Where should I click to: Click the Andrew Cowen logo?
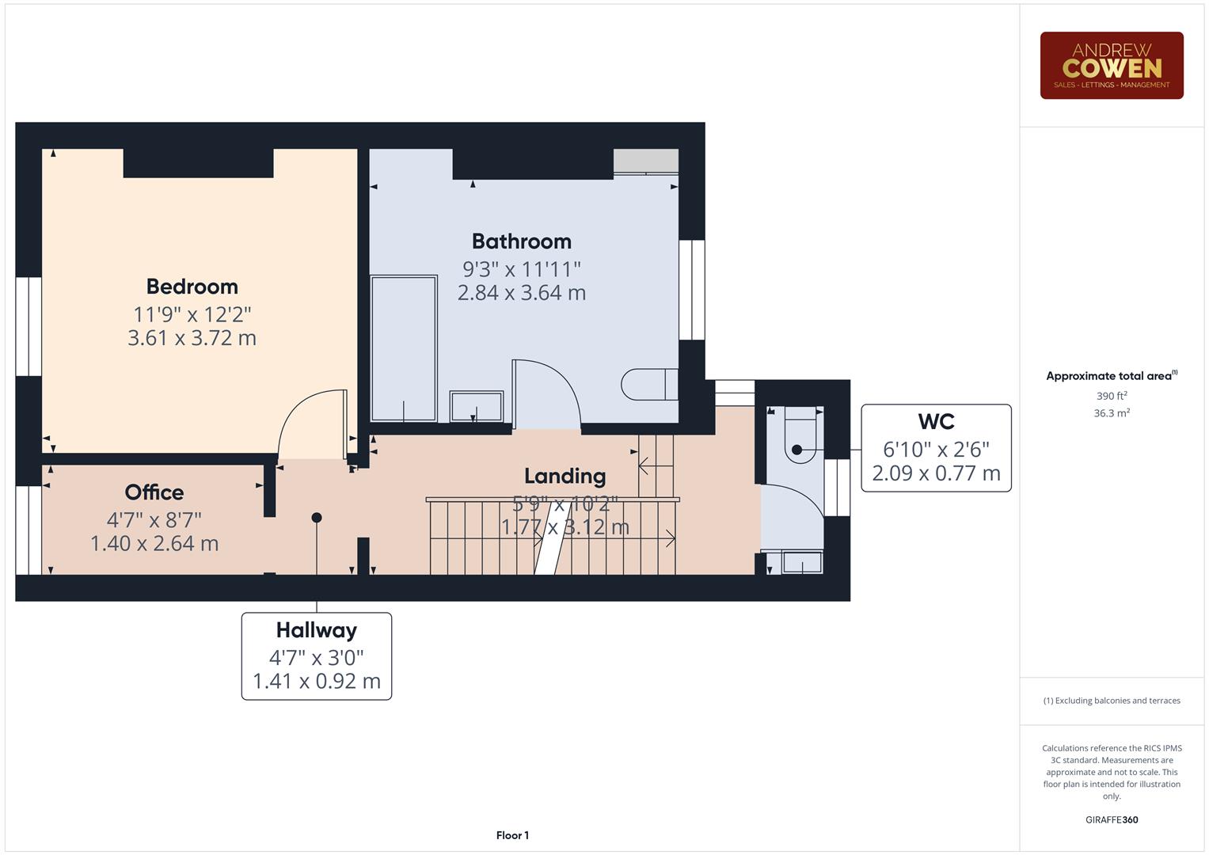coord(1111,66)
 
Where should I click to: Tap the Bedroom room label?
coord(192,287)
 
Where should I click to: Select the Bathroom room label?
coord(521,241)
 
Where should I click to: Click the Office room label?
coord(154,492)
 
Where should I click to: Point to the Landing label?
coord(565,476)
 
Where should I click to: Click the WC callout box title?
coord(936,422)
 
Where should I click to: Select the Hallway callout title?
coord(316,630)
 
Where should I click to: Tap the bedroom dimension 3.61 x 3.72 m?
coord(192,338)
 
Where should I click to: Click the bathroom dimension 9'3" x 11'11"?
coord(521,269)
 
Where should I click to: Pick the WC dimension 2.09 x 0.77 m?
coord(936,473)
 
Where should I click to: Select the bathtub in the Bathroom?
coord(404,348)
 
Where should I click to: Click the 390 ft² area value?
coord(1111,396)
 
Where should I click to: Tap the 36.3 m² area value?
coord(1111,413)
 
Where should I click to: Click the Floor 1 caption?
coord(512,835)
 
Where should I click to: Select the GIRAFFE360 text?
coord(1111,819)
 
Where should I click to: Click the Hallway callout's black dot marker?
coord(317,518)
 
